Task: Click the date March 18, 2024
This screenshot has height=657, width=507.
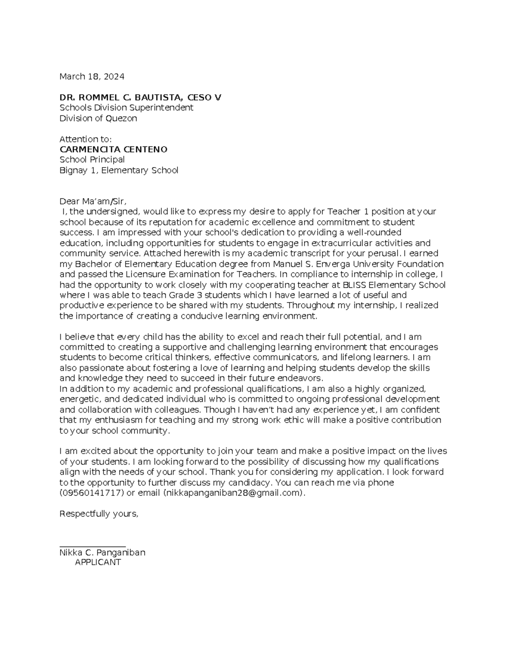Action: pyautogui.click(x=92, y=77)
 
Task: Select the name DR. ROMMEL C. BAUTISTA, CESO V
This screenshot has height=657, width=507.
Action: pyautogui.click(x=140, y=98)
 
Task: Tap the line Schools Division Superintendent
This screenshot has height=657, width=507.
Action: pyautogui.click(x=126, y=108)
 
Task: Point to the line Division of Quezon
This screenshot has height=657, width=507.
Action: pyautogui.click(x=98, y=118)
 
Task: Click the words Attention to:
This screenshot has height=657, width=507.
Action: pyautogui.click(x=85, y=139)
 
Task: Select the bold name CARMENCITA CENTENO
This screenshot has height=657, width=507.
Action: pyautogui.click(x=113, y=149)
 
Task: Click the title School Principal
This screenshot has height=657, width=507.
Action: pyautogui.click(x=92, y=160)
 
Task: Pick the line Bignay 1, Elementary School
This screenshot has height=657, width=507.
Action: pyautogui.click(x=119, y=170)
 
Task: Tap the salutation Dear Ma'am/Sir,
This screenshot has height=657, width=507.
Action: pyautogui.click(x=93, y=201)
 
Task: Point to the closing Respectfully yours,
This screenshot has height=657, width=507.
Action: pyautogui.click(x=99, y=514)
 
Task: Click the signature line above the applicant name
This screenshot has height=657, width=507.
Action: pyautogui.click(x=93, y=547)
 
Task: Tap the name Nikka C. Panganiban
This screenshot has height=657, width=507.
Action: pyautogui.click(x=102, y=553)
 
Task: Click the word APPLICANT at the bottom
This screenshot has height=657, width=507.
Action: pyautogui.click(x=98, y=563)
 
